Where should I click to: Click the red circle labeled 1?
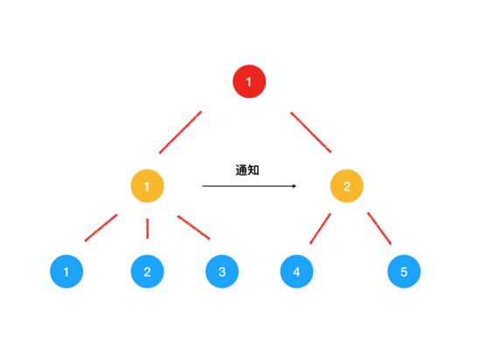click(249, 81)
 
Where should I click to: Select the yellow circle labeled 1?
click(147, 186)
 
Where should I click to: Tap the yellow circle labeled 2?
click(346, 186)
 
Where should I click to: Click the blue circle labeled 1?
click(66, 272)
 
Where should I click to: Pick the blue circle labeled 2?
click(147, 272)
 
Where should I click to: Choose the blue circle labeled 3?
click(222, 272)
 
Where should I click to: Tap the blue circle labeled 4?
click(296, 272)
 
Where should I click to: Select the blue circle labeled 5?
click(404, 272)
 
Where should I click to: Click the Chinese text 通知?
click(247, 170)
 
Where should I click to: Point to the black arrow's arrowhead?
click(295, 186)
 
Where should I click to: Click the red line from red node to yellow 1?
click(180, 132)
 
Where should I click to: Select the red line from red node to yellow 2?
click(310, 132)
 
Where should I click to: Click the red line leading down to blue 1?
click(101, 228)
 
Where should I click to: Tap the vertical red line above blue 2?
click(147, 229)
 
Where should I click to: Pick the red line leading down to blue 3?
click(193, 228)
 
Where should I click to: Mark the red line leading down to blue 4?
click(320, 229)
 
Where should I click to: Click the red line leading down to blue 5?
click(380, 229)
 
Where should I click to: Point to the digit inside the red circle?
click(248, 82)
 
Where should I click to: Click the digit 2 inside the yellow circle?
click(347, 186)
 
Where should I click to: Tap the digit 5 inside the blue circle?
click(404, 272)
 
